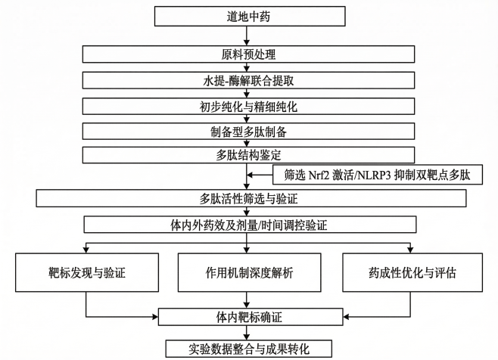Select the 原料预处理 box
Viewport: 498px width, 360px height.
[x=249, y=54]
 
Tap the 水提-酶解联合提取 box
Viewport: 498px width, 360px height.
[x=249, y=79]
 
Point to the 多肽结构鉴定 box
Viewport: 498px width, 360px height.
[x=249, y=155]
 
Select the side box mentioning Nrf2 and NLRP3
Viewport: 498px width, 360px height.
[x=377, y=175]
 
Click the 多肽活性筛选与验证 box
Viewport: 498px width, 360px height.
[x=249, y=199]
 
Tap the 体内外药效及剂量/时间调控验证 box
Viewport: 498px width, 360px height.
[x=249, y=225]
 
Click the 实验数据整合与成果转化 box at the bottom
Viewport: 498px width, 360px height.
[x=249, y=349]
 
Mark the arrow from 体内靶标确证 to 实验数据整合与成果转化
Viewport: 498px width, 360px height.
[x=249, y=332]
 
